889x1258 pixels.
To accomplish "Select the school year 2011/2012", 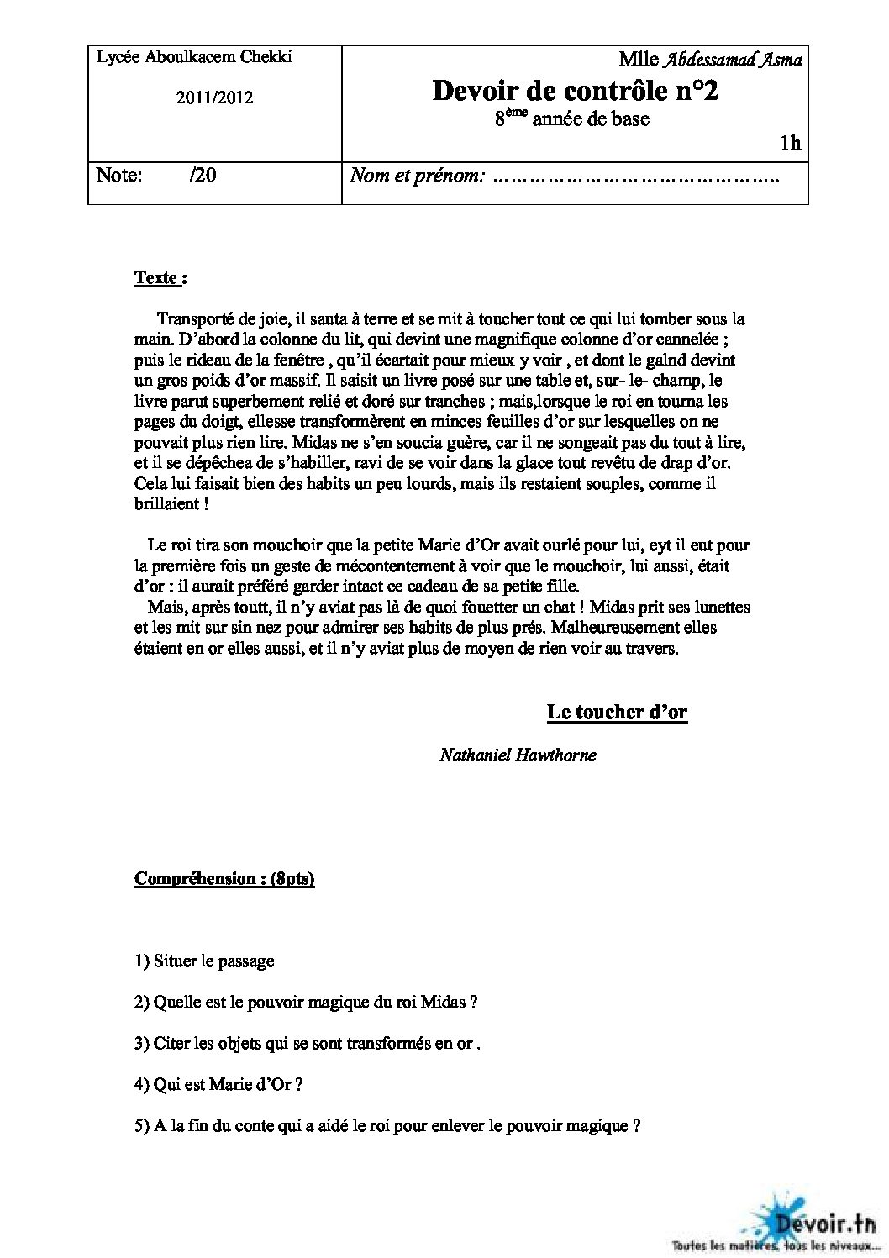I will pos(214,97).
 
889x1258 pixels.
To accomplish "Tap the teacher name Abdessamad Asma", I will pos(733,59).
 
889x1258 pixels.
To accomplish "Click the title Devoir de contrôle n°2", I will pos(575,91).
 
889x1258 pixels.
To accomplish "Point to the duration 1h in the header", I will pos(790,144).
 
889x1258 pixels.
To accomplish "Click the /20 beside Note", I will pos(203,176).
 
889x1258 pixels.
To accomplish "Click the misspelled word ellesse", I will pos(269,422).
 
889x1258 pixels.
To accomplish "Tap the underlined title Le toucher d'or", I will pos(617,713).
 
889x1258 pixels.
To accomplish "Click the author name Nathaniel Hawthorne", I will pos(518,755).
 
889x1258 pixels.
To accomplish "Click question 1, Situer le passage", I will pos(204,961).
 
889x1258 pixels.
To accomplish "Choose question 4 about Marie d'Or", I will pos(218,1084).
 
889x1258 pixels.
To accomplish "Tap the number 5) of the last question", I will pos(142,1126).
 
